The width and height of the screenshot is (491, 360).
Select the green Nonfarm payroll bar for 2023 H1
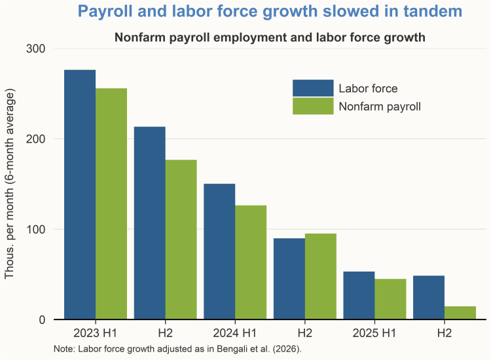(x=111, y=204)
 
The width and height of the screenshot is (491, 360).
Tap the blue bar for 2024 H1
(x=219, y=251)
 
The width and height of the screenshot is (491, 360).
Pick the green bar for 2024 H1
(x=251, y=262)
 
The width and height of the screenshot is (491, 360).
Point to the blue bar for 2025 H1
(x=359, y=295)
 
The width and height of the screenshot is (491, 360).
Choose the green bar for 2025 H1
(x=390, y=299)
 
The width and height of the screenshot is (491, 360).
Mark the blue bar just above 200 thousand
(x=149, y=223)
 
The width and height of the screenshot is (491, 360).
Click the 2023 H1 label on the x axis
(x=95, y=333)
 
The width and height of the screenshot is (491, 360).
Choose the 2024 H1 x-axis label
(x=235, y=333)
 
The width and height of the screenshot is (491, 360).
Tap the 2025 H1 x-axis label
(x=374, y=333)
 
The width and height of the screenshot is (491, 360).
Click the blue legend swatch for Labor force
(x=313, y=88)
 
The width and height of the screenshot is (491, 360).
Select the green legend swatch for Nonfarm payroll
(x=313, y=105)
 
